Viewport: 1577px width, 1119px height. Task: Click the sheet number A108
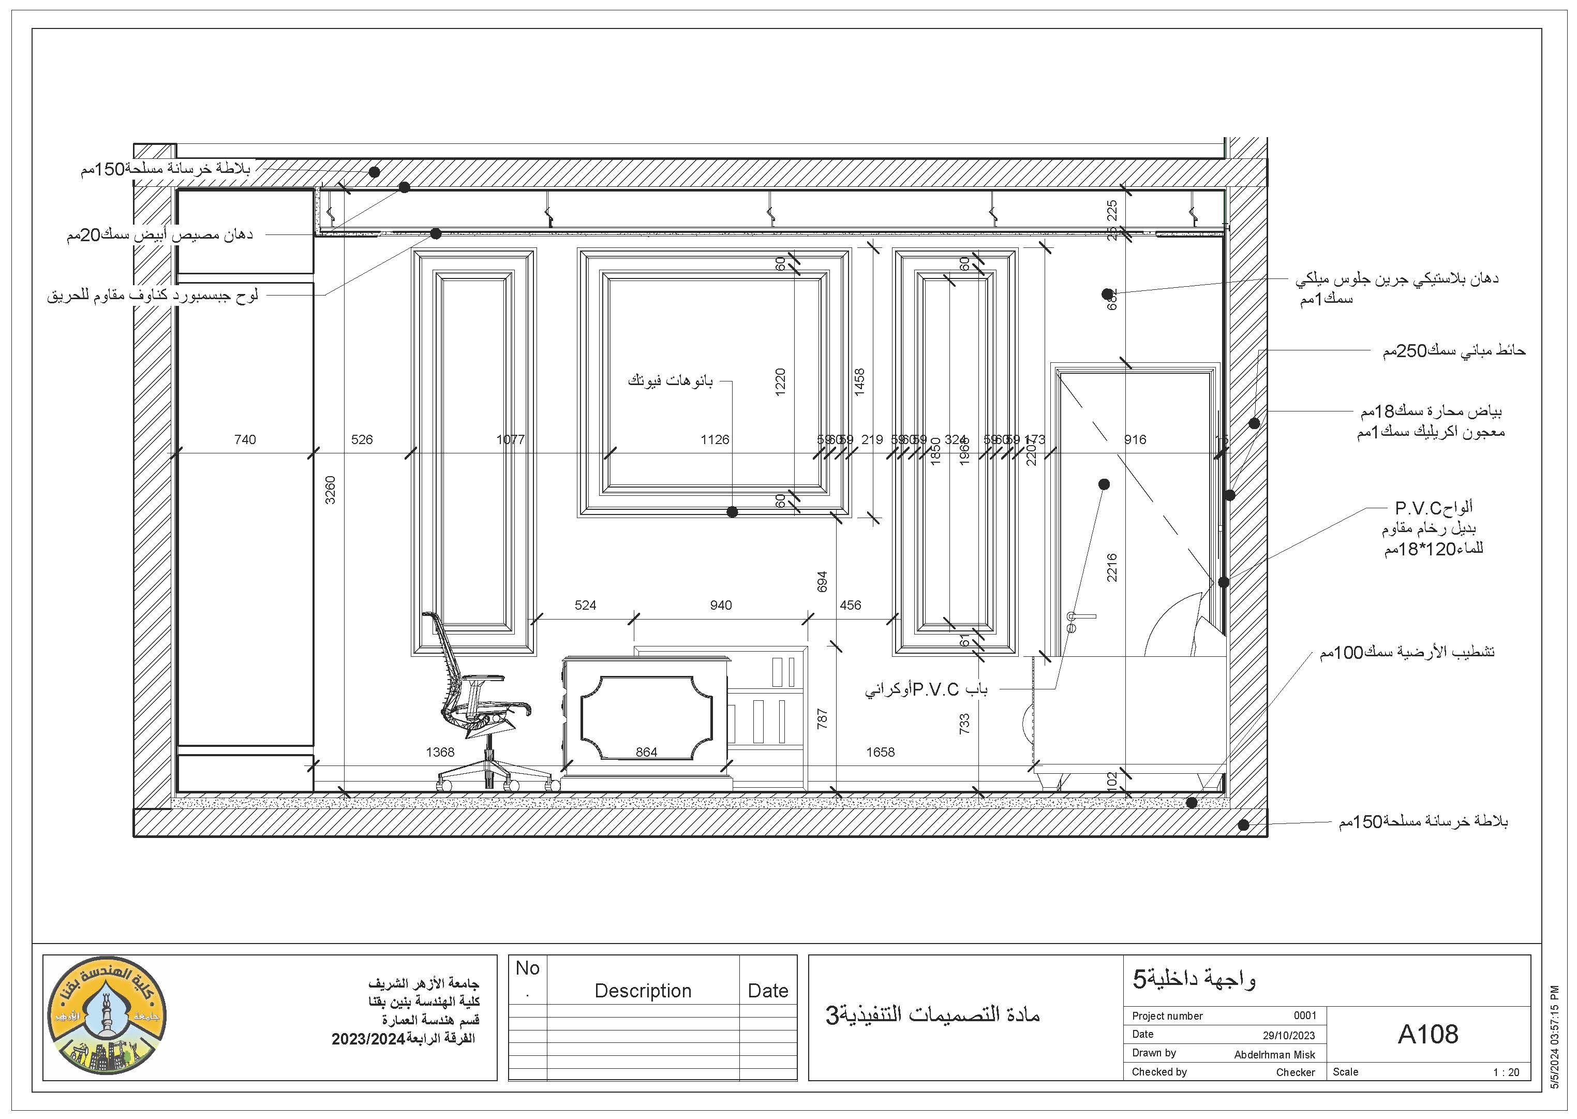(1427, 1034)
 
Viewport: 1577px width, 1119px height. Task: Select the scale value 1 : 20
(1506, 1072)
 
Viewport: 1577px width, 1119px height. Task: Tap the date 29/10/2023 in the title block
(1288, 1035)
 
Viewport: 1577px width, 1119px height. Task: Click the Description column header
(643, 991)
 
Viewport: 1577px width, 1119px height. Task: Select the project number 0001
(1304, 1015)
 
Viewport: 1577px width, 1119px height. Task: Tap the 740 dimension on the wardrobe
(245, 439)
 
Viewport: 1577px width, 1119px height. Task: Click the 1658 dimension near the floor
(880, 752)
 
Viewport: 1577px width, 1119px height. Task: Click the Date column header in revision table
(768, 991)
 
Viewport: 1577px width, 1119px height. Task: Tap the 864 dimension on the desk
(646, 752)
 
